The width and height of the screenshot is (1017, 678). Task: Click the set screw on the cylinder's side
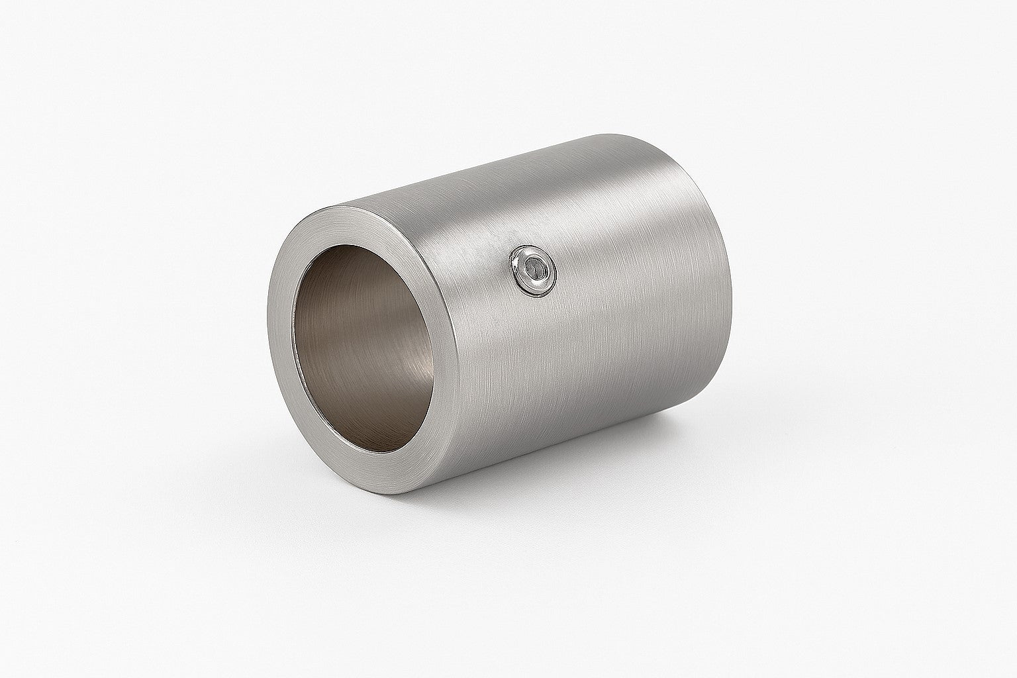click(535, 271)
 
